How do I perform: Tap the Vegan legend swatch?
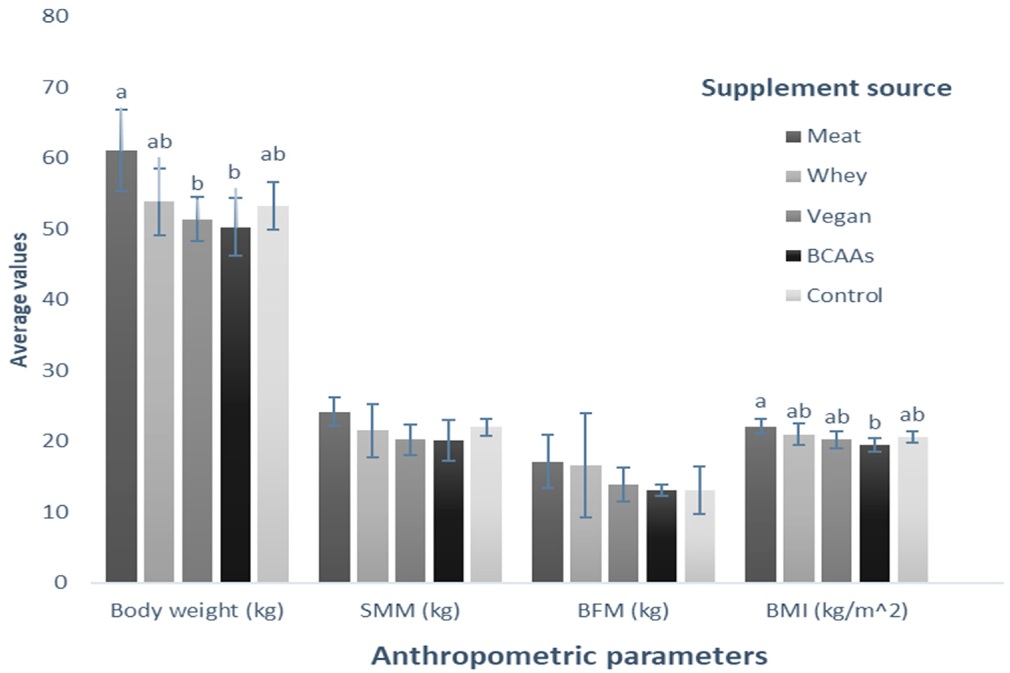coord(793,217)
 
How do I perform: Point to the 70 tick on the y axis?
coord(55,88)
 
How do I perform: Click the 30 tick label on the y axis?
coord(55,370)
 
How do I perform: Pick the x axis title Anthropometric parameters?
coord(569,656)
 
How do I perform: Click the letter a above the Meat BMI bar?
coord(760,402)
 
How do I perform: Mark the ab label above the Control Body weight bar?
coord(273,155)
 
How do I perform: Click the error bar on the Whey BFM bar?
coord(585,465)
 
